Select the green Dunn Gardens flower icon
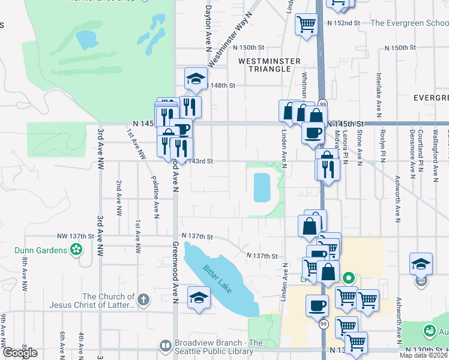76,249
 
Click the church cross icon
143,299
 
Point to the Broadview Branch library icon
165,346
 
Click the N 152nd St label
343,23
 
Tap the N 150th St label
249,47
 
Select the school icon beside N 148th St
196,78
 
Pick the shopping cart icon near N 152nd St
307,24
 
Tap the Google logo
19,353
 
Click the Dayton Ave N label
208,24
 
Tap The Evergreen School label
409,23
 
